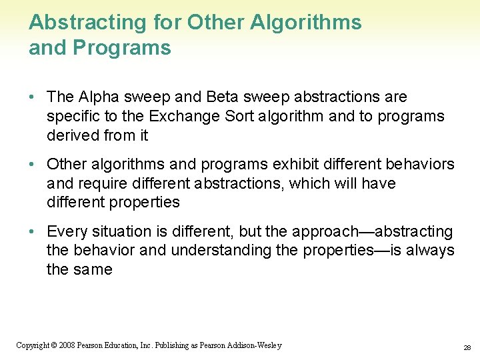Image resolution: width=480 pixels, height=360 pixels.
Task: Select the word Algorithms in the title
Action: tap(306, 23)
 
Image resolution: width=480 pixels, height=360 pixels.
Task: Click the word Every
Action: tap(65, 232)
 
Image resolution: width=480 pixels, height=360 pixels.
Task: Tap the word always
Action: tap(431, 251)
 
